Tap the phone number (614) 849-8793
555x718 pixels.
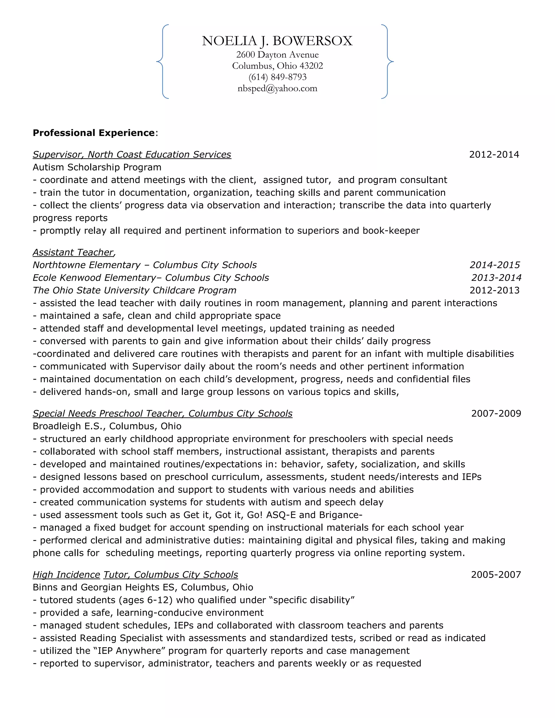[277, 77]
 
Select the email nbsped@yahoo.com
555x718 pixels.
[277, 88]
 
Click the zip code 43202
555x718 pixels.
[311, 66]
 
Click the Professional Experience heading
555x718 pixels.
[94, 133]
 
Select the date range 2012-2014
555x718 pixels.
[494, 154]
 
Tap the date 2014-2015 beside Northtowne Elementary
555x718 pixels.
[495, 265]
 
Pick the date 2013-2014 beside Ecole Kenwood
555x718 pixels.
[496, 278]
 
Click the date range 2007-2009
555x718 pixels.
[496, 413]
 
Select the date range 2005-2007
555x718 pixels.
[496, 575]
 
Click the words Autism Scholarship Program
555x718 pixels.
[97, 167]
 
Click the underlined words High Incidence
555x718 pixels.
[66, 575]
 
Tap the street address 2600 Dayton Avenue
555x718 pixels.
[277, 54]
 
